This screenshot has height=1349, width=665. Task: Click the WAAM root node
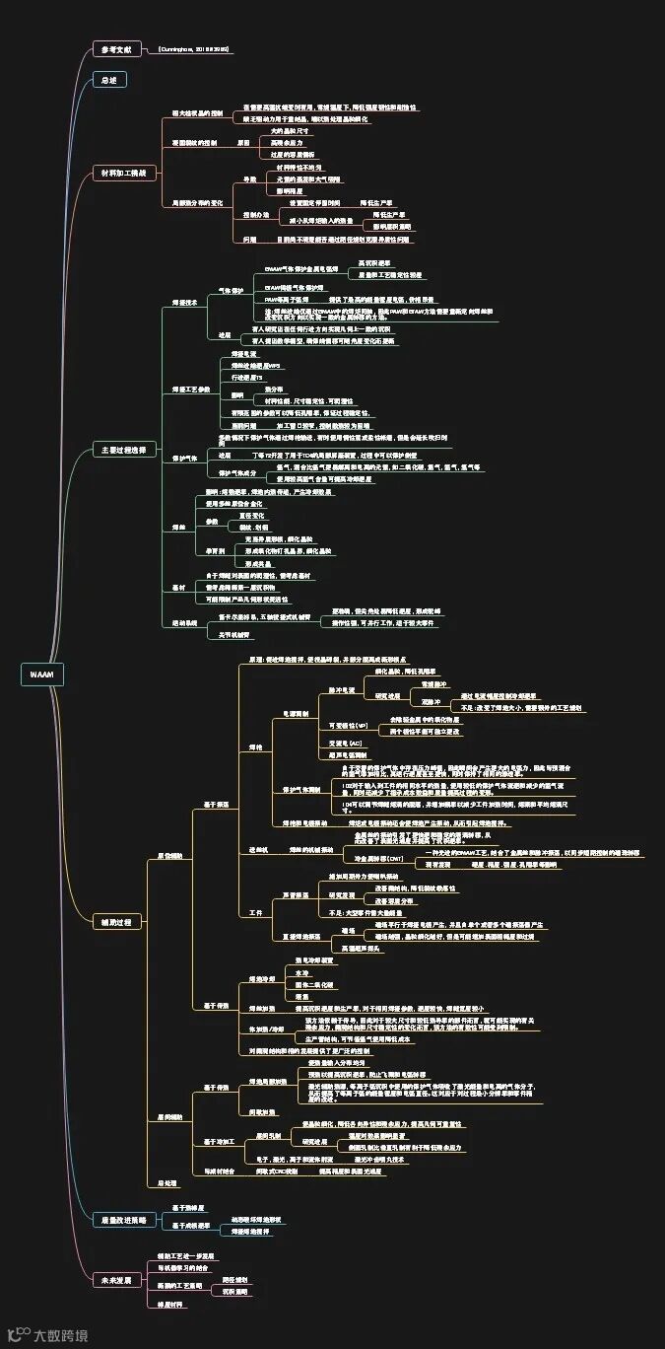point(42,674)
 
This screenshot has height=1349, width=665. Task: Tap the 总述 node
point(107,80)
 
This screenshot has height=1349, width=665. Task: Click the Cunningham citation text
point(194,48)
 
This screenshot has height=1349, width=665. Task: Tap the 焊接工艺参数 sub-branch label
point(191,390)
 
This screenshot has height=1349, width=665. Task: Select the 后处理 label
point(167,1182)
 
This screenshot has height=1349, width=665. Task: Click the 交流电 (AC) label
point(345,743)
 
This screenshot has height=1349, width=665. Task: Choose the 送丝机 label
point(258,849)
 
